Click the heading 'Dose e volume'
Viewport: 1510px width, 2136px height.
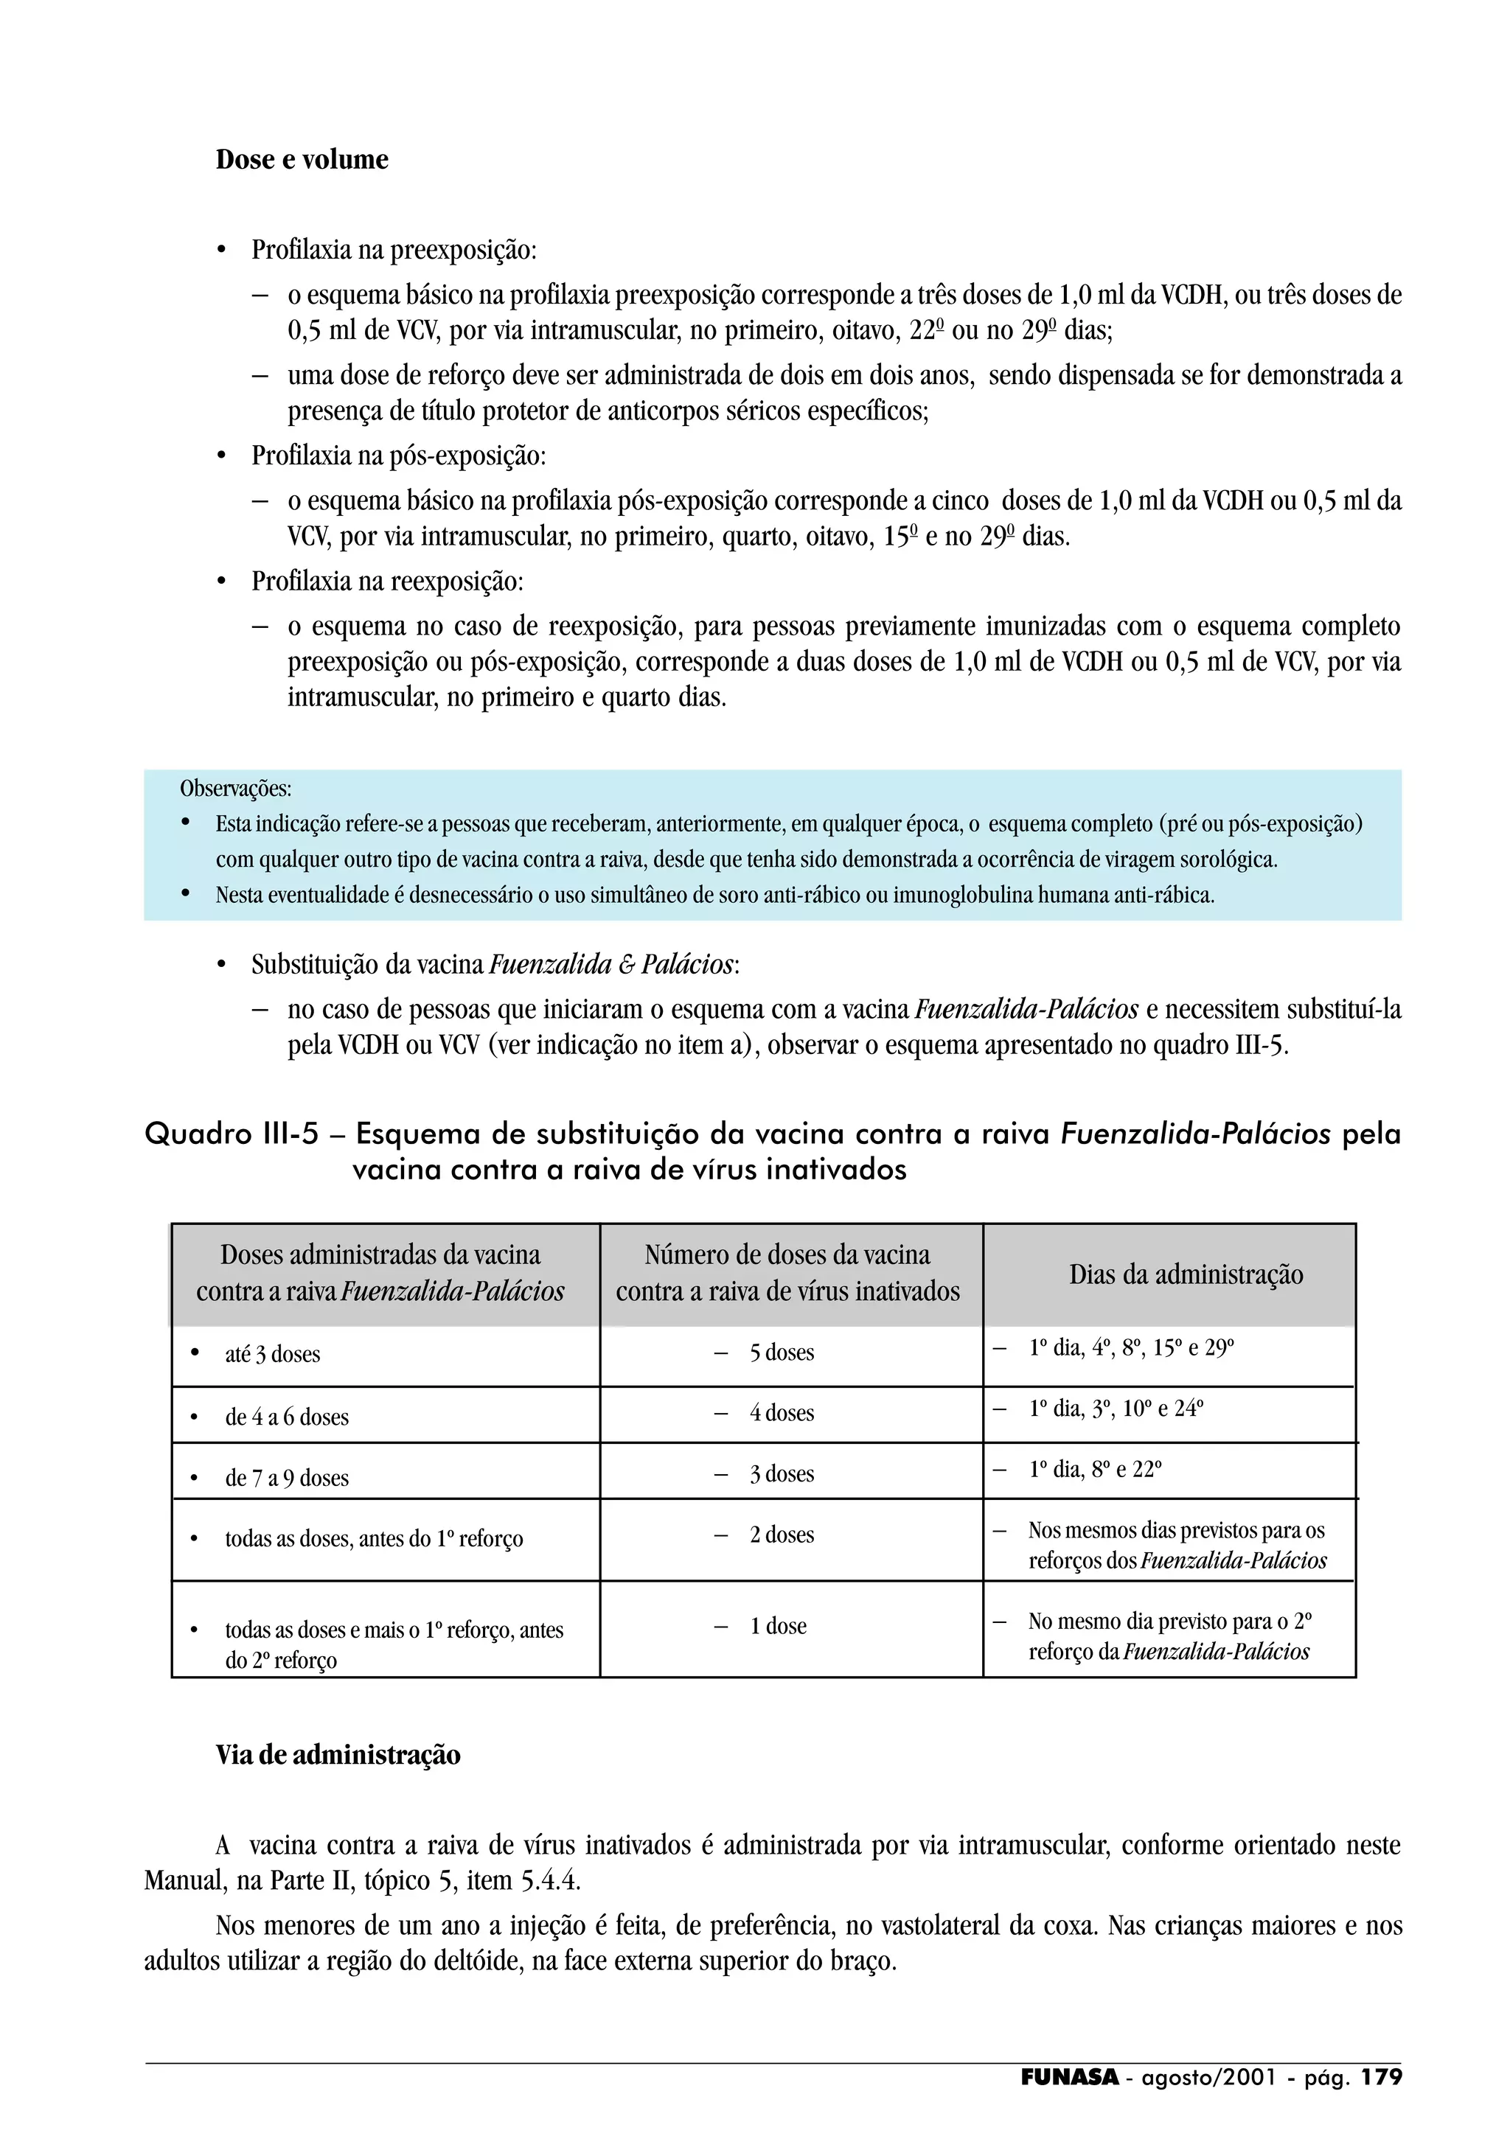tap(302, 159)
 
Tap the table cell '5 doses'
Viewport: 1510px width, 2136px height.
tap(782, 1353)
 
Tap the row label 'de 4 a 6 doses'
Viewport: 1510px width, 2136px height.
tap(287, 1417)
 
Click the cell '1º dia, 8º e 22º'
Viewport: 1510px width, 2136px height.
tap(1095, 1470)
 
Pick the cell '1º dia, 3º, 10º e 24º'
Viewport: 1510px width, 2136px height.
tap(1116, 1409)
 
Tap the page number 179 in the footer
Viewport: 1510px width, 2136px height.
tap(1382, 2077)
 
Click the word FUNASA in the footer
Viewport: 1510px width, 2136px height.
tap(1069, 2077)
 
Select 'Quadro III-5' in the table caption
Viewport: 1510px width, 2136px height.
tap(232, 1134)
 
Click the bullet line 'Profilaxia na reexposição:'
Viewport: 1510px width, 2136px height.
tap(387, 582)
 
